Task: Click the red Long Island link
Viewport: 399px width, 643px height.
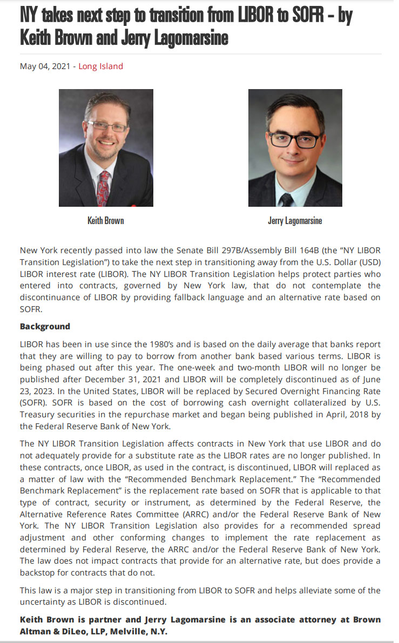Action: [x=100, y=66]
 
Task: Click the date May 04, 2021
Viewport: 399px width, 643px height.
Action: [x=45, y=66]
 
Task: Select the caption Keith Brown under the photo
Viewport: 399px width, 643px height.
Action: [x=106, y=221]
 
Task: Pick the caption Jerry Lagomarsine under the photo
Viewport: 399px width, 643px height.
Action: [x=295, y=221]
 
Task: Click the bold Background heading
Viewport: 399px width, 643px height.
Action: [x=45, y=327]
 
